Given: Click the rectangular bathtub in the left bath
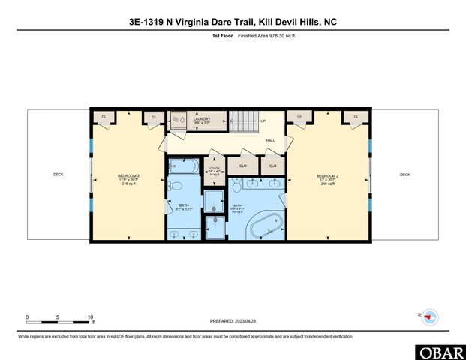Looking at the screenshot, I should click(182, 166).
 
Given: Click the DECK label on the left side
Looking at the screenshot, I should click(59, 175).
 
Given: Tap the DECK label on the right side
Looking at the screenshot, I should click(404, 175).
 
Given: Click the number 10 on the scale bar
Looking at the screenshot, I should click(90, 316).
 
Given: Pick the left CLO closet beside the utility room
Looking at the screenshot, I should click(243, 166).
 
